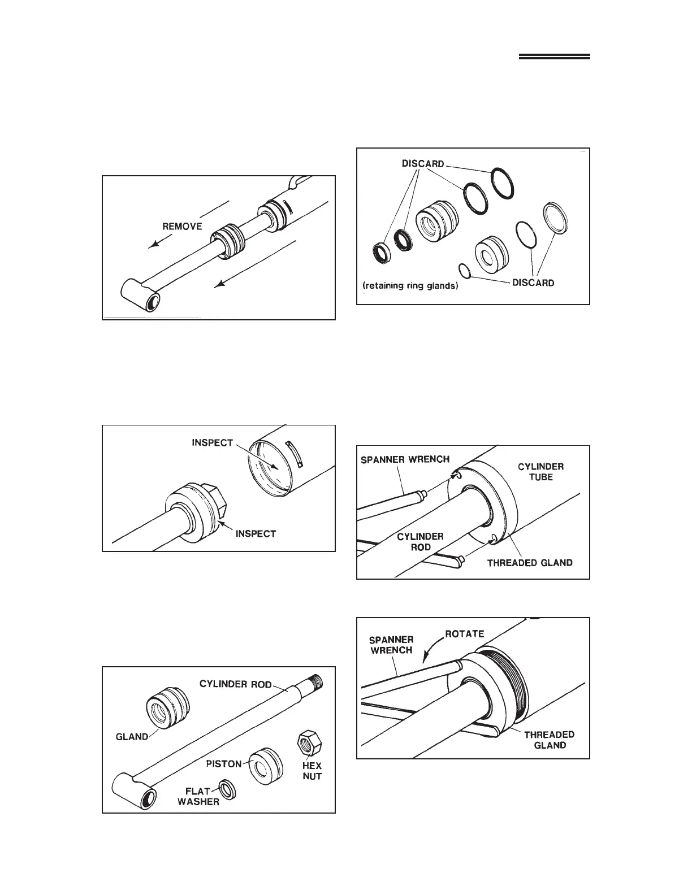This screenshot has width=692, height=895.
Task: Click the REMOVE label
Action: tap(182, 226)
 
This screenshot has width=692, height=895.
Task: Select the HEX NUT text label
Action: tap(312, 771)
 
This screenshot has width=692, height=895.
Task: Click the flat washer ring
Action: tap(227, 789)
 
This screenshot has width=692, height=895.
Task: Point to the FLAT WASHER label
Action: tap(198, 797)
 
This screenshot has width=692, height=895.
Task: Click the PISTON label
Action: tap(226, 763)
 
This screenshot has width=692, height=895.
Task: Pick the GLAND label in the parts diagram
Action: tap(132, 736)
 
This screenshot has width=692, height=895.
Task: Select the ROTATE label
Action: tap(465, 633)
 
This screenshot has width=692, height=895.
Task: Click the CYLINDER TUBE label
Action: tap(541, 472)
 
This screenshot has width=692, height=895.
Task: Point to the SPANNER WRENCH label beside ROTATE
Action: tap(392, 645)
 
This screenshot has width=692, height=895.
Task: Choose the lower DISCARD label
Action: tap(533, 282)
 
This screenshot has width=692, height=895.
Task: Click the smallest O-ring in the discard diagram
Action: tap(464, 271)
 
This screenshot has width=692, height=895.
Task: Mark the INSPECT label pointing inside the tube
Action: tap(212, 442)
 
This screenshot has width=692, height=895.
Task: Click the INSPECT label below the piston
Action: tap(255, 533)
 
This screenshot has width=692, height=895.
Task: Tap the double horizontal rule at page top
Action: tap(554, 57)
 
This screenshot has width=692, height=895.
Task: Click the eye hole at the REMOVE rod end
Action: tap(152, 303)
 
